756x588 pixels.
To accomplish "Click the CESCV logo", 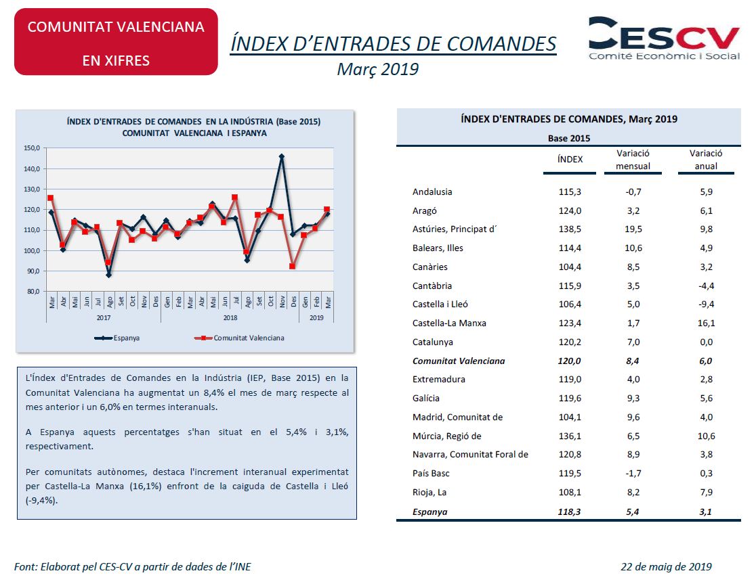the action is [664, 39].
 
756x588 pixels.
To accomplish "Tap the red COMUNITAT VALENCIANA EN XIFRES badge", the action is [117, 42].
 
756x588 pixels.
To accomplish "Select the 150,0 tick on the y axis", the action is [32, 148].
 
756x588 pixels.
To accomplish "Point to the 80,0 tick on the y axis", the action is [33, 292].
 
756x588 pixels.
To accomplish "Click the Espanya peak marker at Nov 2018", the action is [282, 156].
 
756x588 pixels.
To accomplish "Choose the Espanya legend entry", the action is [117, 338].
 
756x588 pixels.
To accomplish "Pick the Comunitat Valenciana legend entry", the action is [239, 338].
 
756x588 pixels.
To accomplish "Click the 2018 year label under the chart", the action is [230, 318].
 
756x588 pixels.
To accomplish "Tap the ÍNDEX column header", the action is [570, 160].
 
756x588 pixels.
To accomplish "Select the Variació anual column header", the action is [706, 160].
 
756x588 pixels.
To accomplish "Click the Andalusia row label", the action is [432, 191].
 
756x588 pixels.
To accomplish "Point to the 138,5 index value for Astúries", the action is [570, 229].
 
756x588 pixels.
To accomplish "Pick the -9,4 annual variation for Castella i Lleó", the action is [706, 304].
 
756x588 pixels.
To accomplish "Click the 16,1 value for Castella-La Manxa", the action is [706, 323].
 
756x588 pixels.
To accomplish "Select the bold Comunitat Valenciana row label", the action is [459, 361].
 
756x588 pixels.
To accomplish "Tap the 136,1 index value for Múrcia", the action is [570, 436].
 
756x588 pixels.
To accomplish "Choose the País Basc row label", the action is [431, 474].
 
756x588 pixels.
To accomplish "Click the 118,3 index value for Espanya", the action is [570, 512].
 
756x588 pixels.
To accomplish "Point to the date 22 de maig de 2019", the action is [666, 567].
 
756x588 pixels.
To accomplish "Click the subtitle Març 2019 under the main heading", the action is [377, 69].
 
